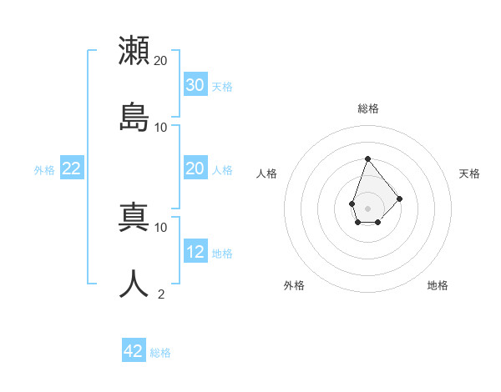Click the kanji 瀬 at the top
pos(134,51)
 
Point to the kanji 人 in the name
pos(134,284)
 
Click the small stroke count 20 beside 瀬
pos(161,61)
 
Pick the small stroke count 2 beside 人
pos(161,294)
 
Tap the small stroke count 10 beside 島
pos(161,128)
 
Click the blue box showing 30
pos(195,85)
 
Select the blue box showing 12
pos(195,252)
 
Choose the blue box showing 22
pos(72,168)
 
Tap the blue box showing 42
pos(134,351)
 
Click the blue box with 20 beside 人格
pos(195,168)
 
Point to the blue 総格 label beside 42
pos(160,353)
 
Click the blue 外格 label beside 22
pos(44,169)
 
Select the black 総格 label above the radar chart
pos(367,108)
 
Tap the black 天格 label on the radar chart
pos(469,173)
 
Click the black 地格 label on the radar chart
pos(438,285)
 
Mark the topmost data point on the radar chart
pos(367,158)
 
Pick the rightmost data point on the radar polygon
pos(400,199)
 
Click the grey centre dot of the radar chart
pos(367,208)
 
